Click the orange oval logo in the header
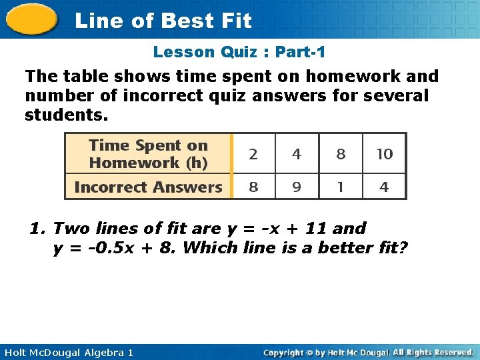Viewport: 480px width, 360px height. click(x=31, y=19)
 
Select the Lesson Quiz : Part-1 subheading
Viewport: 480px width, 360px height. click(x=239, y=52)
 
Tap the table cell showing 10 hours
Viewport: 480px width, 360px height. click(x=385, y=154)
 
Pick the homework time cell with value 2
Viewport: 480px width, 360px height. click(x=253, y=154)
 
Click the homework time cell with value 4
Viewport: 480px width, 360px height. click(x=297, y=154)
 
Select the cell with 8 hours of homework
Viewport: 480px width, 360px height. click(x=341, y=154)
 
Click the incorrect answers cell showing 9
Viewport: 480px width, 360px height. click(x=297, y=187)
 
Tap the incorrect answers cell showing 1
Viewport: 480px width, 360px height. click(x=341, y=187)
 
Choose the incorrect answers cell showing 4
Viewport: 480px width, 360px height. click(x=385, y=187)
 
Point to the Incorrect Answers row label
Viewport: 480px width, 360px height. click(x=148, y=187)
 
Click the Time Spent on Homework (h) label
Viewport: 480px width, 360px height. click(x=148, y=154)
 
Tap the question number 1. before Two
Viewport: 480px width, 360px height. click(x=37, y=229)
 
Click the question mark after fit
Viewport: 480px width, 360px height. click(x=403, y=248)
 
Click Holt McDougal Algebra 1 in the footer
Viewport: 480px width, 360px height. click(x=67, y=352)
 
